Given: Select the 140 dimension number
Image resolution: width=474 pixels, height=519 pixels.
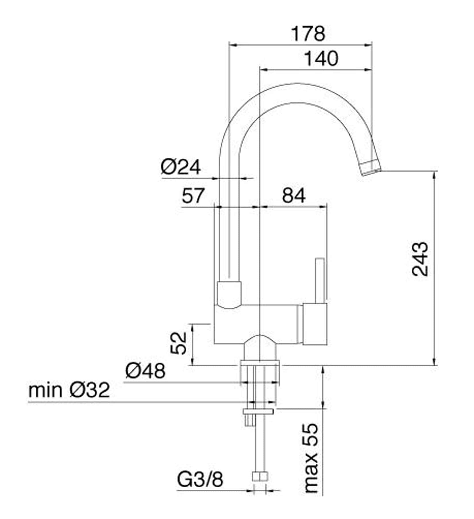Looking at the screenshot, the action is pos(321,59).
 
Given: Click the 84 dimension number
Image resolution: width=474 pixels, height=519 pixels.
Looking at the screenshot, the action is pos(294,196).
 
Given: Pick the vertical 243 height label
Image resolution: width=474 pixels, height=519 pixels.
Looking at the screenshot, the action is pos(420,259).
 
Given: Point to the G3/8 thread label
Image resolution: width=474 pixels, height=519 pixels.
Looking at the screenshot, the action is pos(200,479).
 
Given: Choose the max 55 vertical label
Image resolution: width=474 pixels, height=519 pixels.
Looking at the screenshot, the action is pos(311,458).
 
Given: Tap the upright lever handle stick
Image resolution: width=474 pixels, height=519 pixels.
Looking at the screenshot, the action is pos(320,281).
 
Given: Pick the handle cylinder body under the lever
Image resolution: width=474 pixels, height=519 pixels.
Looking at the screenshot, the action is pos(315,324).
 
